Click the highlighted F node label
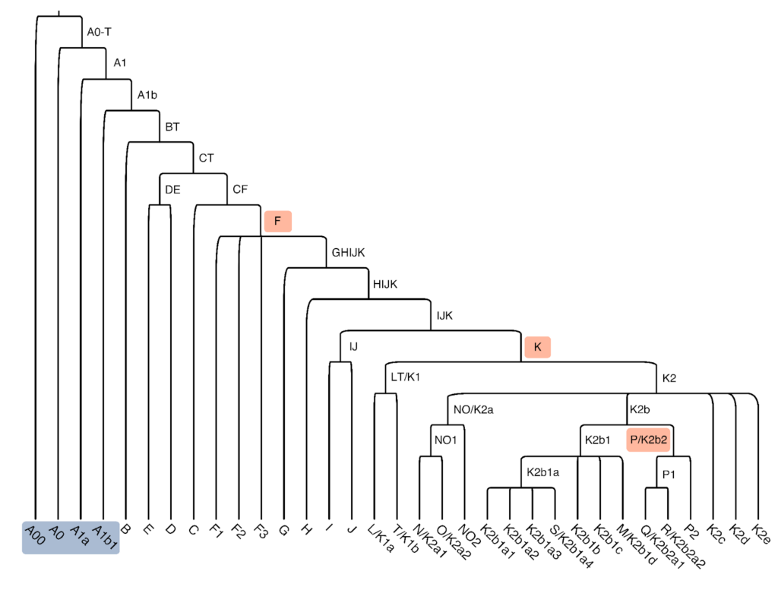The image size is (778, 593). click(278, 222)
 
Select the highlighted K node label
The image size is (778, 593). click(537, 347)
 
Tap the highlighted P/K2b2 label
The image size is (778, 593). click(648, 440)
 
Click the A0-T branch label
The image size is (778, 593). click(100, 32)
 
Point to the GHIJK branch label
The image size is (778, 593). click(348, 254)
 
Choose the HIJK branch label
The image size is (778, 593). click(384, 285)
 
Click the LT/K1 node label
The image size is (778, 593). click(405, 377)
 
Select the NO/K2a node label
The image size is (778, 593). click(473, 410)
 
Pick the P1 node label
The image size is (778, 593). click(669, 473)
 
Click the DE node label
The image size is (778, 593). click(172, 190)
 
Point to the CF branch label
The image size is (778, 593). click(240, 190)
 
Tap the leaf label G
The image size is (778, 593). click(284, 528)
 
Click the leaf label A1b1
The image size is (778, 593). click(105, 535)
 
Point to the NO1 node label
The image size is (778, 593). click(444, 440)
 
